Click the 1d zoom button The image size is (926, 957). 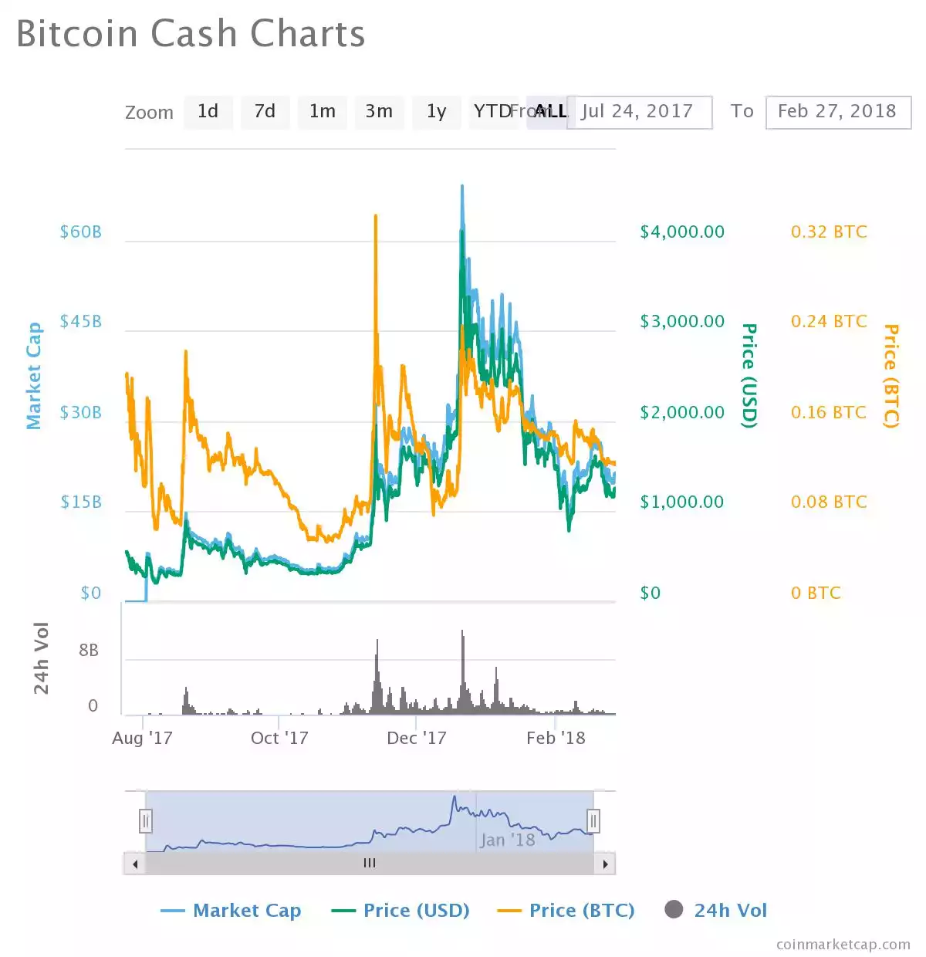[x=208, y=112]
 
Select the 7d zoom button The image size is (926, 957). [x=265, y=112]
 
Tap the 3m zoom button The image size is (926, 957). [x=379, y=112]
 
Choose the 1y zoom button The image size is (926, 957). [x=436, y=112]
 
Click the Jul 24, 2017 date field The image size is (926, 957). [x=639, y=112]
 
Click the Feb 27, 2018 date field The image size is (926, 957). [x=837, y=112]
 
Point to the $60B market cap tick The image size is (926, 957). [x=81, y=232]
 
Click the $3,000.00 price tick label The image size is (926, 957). [x=682, y=322]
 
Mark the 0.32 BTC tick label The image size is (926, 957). [x=829, y=232]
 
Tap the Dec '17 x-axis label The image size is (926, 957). [x=417, y=739]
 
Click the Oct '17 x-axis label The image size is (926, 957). [x=279, y=739]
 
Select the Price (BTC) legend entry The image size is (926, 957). [x=566, y=911]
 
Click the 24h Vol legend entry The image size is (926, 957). [x=716, y=911]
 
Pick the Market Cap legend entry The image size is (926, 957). [x=231, y=911]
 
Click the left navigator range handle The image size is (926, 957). [x=146, y=820]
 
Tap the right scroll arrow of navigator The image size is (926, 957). [x=605, y=864]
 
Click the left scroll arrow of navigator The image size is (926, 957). [x=135, y=864]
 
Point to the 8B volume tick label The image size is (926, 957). [x=89, y=651]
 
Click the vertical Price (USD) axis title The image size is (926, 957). [x=749, y=376]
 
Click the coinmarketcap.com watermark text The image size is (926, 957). [x=843, y=945]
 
